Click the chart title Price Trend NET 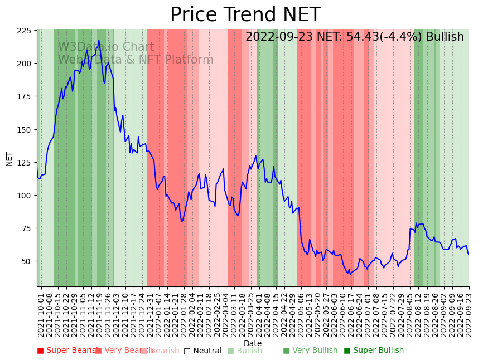pyautogui.click(x=245, y=15)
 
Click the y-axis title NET pyautogui.click(x=9, y=158)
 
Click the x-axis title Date pyautogui.click(x=253, y=343)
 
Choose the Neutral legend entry pyautogui.click(x=203, y=351)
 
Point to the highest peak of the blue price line pyautogui.click(x=99, y=40)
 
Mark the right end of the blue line pyautogui.click(x=469, y=255)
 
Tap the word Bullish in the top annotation pyautogui.click(x=445, y=37)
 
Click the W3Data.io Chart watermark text pyautogui.click(x=106, y=47)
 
